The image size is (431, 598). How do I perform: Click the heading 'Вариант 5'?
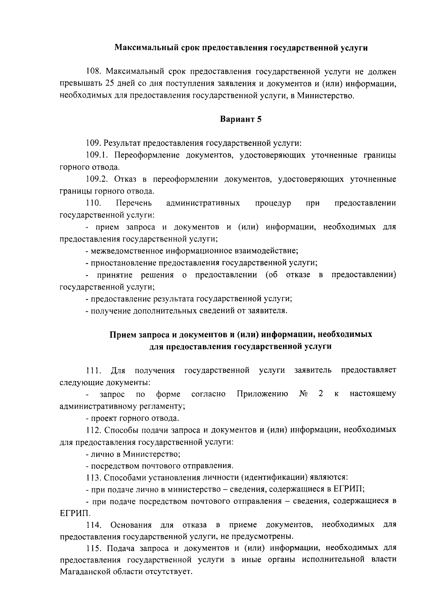[241, 120]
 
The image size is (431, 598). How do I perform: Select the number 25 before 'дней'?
[110, 84]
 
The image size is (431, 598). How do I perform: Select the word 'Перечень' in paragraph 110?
[134, 203]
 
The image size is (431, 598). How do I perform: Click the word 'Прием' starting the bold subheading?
[122, 334]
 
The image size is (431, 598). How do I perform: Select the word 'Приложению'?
[262, 394]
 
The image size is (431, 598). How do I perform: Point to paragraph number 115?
[94, 548]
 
